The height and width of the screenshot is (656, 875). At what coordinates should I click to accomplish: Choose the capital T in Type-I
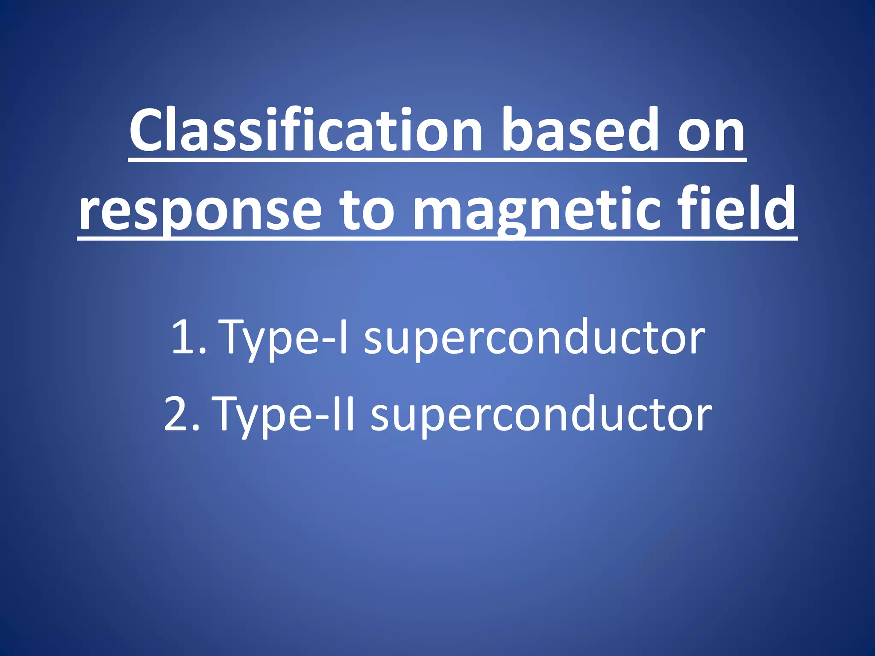236,337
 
